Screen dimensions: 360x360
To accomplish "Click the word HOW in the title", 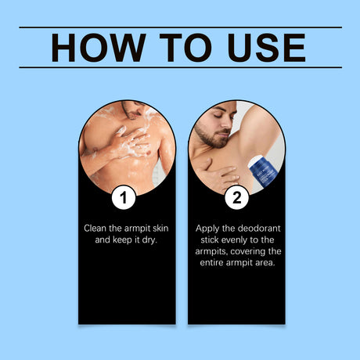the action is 99,48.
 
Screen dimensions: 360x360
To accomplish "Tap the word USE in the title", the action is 266,48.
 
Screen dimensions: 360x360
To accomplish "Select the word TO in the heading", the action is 185,48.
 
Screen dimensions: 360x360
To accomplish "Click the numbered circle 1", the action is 124,197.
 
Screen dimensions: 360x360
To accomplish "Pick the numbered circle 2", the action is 237,197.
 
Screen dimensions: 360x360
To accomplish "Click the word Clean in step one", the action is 95,229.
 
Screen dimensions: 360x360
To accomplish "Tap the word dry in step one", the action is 149,239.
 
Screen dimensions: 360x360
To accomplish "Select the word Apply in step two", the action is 207,229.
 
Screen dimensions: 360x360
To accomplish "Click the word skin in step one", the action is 160,229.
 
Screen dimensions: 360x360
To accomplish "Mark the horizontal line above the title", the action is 180,27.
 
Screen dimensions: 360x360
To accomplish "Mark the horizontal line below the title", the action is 180,67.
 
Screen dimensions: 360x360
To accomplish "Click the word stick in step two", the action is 208,239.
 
